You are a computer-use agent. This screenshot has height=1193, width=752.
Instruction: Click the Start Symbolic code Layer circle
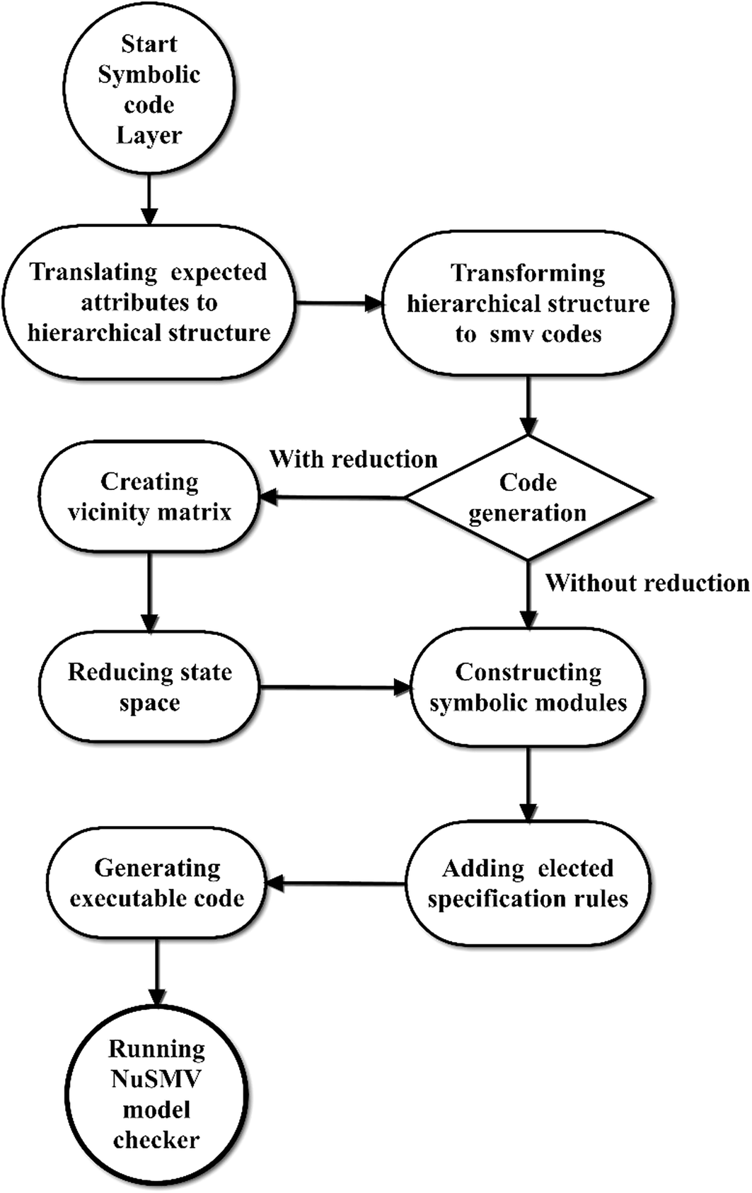[x=149, y=89]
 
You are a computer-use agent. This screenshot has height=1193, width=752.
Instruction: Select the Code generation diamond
[x=528, y=498]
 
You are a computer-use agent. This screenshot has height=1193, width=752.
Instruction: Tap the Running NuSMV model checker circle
[x=156, y=1094]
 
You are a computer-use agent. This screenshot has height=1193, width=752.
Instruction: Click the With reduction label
[x=354, y=459]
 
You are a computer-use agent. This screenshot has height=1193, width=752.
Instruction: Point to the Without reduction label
[x=647, y=583]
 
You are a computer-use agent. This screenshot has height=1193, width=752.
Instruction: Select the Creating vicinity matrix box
[x=149, y=496]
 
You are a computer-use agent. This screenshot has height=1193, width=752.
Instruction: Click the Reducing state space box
[x=149, y=687]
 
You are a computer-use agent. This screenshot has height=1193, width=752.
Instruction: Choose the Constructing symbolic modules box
[x=528, y=687]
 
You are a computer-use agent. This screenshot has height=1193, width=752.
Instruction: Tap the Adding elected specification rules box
[x=528, y=883]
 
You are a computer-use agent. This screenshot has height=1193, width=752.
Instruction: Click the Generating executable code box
[x=157, y=883]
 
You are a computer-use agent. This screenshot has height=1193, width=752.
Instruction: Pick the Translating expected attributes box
[x=149, y=303]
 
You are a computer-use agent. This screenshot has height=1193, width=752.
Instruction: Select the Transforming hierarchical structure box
[x=528, y=303]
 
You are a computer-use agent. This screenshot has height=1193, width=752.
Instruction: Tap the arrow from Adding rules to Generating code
[x=336, y=883]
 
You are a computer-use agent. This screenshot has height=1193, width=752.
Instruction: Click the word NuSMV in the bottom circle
[x=156, y=1079]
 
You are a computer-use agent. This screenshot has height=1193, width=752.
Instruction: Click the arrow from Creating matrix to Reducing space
[x=149, y=591]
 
